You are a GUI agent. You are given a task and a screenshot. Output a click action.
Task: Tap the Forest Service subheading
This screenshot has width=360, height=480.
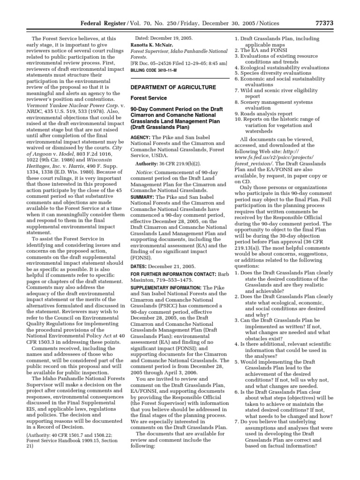[148, 98]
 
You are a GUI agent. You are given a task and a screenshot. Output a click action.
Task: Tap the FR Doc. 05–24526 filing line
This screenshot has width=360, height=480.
[178, 63]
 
